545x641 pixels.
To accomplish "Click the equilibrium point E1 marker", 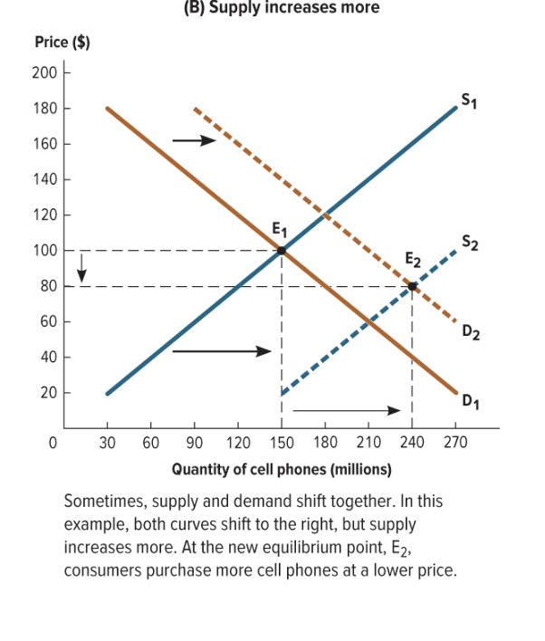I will pyautogui.click(x=282, y=250).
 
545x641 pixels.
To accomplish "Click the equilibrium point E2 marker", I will pyautogui.click(x=412, y=286).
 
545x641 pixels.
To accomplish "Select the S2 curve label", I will pyautogui.click(x=470, y=242).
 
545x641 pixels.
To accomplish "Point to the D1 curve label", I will pyautogui.click(x=470, y=399).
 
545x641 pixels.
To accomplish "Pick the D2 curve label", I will pyautogui.click(x=470, y=332).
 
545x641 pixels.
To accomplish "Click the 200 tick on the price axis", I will pyautogui.click(x=44, y=72).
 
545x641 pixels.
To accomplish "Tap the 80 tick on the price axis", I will pyautogui.click(x=47, y=286).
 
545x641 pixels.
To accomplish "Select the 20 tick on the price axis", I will pyautogui.click(x=47, y=393).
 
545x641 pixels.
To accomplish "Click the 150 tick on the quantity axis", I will pyautogui.click(x=282, y=444).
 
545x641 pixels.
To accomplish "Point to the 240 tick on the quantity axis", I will pyautogui.click(x=412, y=444).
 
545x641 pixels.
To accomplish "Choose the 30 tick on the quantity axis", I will pyautogui.click(x=108, y=444).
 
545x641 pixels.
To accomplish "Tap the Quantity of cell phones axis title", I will pyautogui.click(x=282, y=469).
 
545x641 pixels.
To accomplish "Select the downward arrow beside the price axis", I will pyautogui.click(x=82, y=268).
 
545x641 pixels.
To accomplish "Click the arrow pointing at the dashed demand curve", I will pyautogui.click(x=195, y=140).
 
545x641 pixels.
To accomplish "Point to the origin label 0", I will pyautogui.click(x=53, y=444).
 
